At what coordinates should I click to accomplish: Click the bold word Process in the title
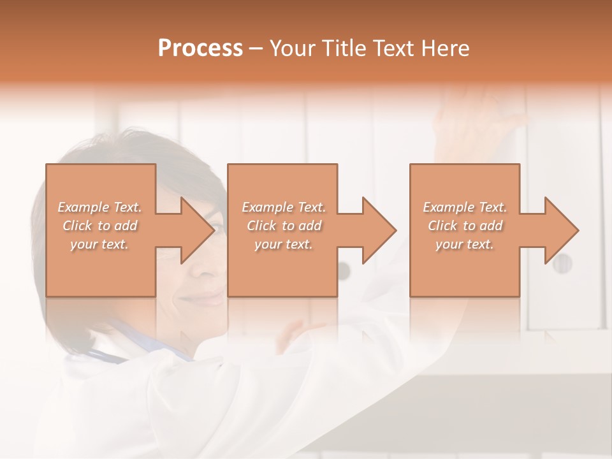(200, 48)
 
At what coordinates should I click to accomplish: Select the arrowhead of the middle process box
(378, 230)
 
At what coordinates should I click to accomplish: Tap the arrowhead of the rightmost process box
(560, 230)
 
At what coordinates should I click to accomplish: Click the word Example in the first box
(82, 207)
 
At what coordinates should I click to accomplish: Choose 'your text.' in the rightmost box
(465, 244)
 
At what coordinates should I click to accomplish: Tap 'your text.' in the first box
(99, 244)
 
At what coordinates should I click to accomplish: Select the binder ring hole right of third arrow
(562, 263)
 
